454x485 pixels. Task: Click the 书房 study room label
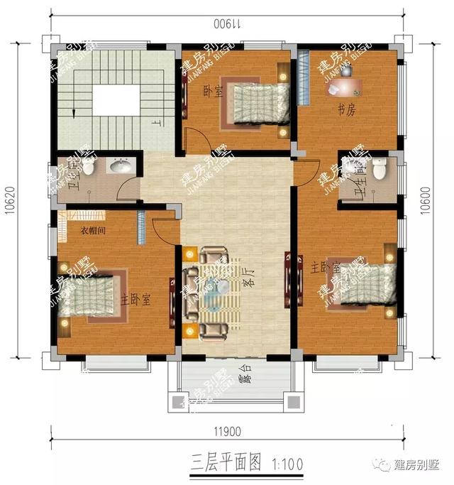point(345,109)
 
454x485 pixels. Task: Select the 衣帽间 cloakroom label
point(92,231)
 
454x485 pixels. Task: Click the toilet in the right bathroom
point(380,168)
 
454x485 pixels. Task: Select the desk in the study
point(345,87)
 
